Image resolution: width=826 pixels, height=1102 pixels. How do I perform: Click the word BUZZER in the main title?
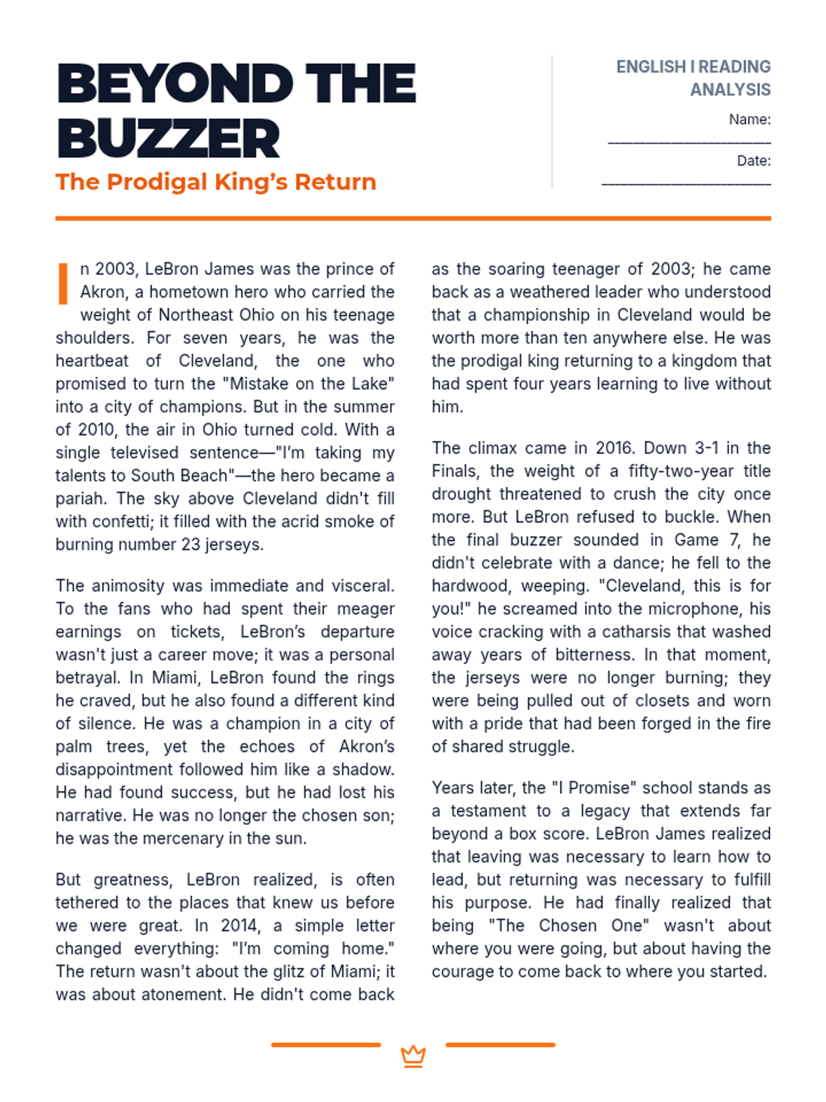click(169, 138)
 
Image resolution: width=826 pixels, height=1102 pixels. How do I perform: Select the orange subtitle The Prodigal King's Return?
click(215, 182)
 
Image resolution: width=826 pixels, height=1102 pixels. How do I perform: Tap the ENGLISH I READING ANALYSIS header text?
click(693, 78)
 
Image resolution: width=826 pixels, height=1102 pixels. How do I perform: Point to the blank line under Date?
click(686, 184)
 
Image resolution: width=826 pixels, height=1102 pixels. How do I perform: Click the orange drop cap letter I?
click(63, 283)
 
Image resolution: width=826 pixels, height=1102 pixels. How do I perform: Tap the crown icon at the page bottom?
click(413, 1056)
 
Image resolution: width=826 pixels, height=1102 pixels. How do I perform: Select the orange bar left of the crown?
click(326, 1045)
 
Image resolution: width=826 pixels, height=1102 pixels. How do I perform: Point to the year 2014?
click(240, 925)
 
